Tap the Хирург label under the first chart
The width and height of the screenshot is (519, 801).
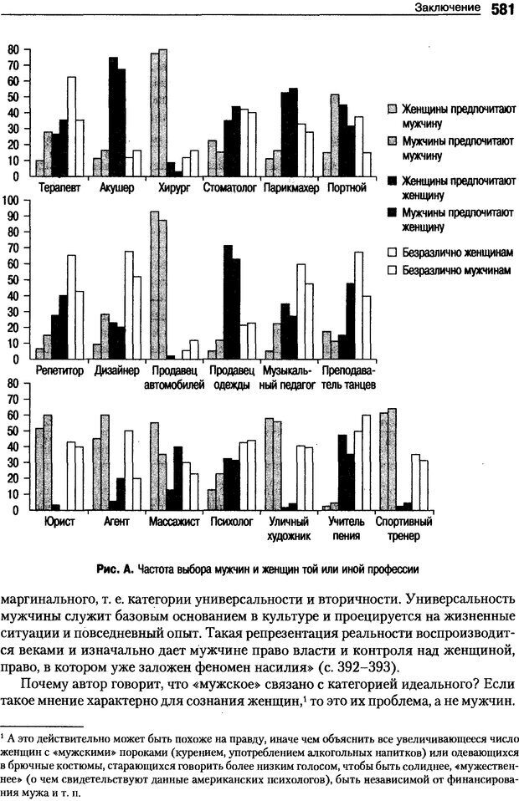click(175, 188)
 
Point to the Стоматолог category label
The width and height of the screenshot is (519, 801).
click(229, 188)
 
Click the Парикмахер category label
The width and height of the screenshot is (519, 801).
click(291, 188)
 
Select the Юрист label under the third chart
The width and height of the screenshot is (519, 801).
click(58, 521)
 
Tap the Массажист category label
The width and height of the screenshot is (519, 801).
click(173, 521)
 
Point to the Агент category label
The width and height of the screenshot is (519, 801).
click(116, 521)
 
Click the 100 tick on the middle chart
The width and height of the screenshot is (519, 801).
click(13, 200)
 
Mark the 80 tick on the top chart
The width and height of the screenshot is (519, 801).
click(13, 49)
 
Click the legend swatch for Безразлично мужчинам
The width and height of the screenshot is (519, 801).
click(392, 271)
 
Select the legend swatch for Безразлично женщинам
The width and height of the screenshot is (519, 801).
click(392, 251)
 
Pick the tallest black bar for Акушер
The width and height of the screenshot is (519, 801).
click(113, 117)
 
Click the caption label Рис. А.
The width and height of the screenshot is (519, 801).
click(116, 569)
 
